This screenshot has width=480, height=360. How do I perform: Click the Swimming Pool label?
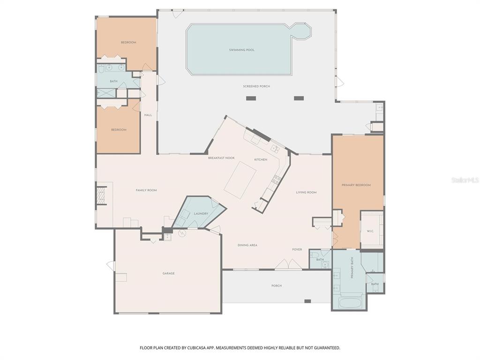241,50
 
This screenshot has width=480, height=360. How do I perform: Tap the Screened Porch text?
256,86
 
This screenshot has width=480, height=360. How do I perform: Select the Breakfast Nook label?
221,158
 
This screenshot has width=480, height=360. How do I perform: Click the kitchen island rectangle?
240,180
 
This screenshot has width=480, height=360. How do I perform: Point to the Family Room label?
146,190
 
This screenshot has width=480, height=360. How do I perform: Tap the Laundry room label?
201,214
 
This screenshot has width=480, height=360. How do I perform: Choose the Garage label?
168,273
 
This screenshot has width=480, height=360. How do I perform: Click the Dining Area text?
247,245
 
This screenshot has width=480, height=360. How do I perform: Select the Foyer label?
297,249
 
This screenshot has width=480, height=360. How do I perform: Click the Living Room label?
306,192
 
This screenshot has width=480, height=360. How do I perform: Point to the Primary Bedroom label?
356,185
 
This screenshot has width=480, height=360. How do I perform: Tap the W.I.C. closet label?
370,231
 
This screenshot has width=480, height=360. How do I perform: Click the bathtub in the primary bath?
349,302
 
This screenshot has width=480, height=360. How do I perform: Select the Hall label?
148,115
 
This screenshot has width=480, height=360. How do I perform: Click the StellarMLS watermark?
465,180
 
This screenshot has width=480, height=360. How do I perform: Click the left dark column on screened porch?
251,98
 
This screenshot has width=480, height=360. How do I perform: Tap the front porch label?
277,285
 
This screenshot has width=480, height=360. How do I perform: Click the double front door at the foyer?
288,265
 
